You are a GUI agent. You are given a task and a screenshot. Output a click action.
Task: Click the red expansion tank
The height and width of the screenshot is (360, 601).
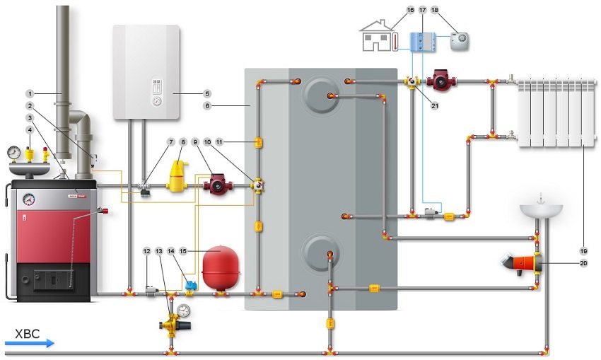coord(221,268)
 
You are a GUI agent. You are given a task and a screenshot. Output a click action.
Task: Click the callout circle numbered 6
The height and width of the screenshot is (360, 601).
coord(207,104)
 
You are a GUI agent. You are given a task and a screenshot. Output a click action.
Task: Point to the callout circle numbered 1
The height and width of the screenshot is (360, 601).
coord(30,93)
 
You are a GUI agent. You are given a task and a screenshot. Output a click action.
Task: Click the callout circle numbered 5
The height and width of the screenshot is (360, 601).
coord(207,93)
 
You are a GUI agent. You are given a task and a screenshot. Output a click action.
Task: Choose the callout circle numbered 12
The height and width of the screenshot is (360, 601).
coord(147,250)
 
